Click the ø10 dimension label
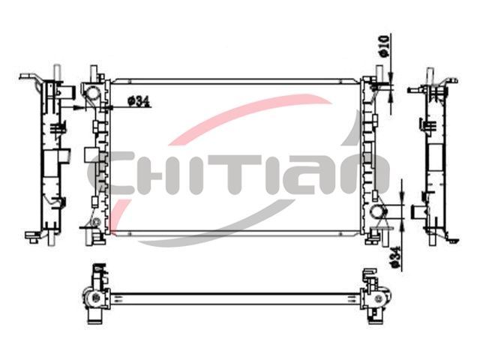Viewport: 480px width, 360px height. point(384,46)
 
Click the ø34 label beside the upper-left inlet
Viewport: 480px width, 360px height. point(139,100)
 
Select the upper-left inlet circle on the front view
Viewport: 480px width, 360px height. point(92,91)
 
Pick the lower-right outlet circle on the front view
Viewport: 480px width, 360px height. point(379,211)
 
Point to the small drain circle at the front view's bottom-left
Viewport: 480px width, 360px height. point(97,222)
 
